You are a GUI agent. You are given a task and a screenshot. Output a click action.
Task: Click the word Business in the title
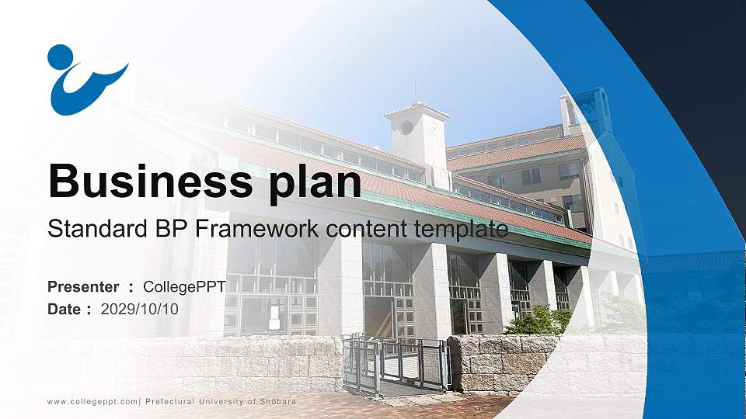[150, 181]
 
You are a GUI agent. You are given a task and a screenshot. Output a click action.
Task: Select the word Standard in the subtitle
[98, 228]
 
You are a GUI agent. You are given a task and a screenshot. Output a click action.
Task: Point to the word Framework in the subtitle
[257, 228]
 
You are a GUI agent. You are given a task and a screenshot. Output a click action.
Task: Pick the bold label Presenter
[83, 287]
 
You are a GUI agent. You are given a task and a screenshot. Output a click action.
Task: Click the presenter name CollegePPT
[184, 287]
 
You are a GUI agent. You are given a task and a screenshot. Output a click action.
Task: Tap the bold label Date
[64, 310]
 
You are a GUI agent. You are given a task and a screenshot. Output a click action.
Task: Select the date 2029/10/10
[139, 310]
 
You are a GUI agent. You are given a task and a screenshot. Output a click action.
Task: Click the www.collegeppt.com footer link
[92, 402]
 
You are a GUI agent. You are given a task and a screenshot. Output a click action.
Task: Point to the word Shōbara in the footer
[277, 401]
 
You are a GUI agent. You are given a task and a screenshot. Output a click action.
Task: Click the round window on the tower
[406, 127]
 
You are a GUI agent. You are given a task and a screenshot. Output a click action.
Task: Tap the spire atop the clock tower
[415, 92]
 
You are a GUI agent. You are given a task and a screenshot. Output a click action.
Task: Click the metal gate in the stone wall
[396, 363]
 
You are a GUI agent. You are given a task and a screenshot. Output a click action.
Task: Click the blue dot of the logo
[61, 57]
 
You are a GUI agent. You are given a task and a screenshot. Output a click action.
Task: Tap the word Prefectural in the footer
[170, 401]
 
